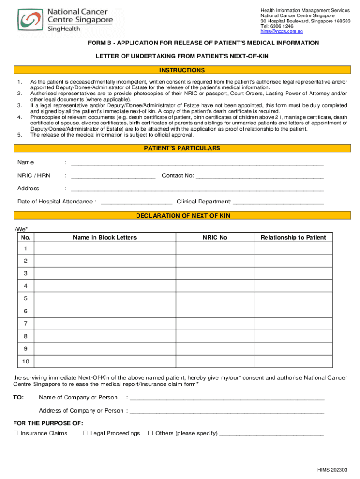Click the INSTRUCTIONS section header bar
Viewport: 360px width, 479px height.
[x=182, y=70]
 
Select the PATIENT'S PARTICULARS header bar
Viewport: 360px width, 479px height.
[x=182, y=148]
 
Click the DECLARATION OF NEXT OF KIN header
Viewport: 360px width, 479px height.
[x=182, y=216]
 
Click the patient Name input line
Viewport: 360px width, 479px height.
[x=196, y=164]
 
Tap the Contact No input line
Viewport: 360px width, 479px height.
[x=259, y=177]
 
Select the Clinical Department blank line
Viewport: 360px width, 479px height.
[x=278, y=203]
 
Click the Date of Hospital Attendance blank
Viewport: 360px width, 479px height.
[x=136, y=203]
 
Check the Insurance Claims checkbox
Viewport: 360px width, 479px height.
[x=16, y=433]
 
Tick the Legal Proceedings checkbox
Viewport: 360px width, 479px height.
[x=86, y=433]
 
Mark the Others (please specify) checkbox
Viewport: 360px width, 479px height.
[x=151, y=433]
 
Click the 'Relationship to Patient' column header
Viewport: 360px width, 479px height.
[x=293, y=238]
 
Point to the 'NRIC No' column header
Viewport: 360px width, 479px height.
[x=215, y=238]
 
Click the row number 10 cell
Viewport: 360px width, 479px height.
[x=25, y=362]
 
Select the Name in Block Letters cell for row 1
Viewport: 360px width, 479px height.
[x=105, y=248]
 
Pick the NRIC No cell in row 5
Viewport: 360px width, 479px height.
[x=215, y=298]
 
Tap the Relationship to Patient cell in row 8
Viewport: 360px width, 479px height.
[x=293, y=336]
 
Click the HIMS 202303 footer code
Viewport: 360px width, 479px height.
[x=332, y=470]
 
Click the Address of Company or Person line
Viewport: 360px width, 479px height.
[x=227, y=412]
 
